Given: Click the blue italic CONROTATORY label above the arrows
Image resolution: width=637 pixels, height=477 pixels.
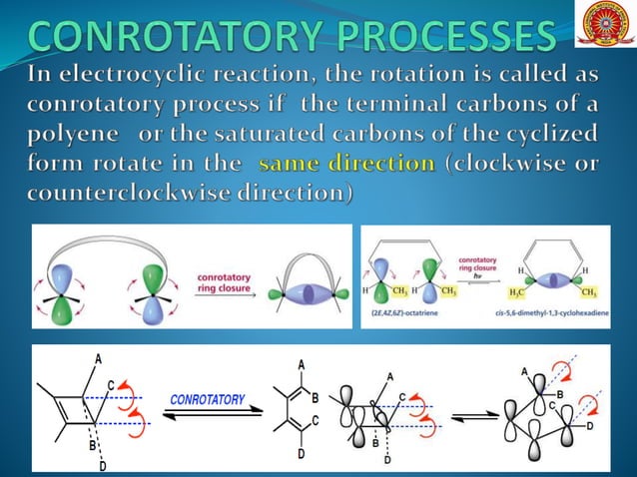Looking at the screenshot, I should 207,399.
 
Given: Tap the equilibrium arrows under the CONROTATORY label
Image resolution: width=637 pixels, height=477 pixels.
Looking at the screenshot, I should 207,417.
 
